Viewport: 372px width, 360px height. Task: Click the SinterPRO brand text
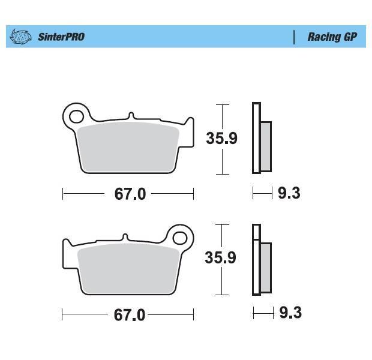[61, 37]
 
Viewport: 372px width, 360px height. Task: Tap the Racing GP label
[332, 37]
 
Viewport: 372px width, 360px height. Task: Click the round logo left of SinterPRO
[20, 37]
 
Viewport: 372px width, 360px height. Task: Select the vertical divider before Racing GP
[294, 37]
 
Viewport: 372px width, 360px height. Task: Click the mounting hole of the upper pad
[76, 116]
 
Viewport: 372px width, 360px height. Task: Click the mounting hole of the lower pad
[180, 238]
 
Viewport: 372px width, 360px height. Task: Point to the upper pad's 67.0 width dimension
[130, 194]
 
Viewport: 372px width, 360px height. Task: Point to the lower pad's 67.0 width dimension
[130, 315]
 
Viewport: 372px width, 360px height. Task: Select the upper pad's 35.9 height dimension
[221, 138]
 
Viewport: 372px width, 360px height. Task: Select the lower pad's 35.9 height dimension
[220, 257]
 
